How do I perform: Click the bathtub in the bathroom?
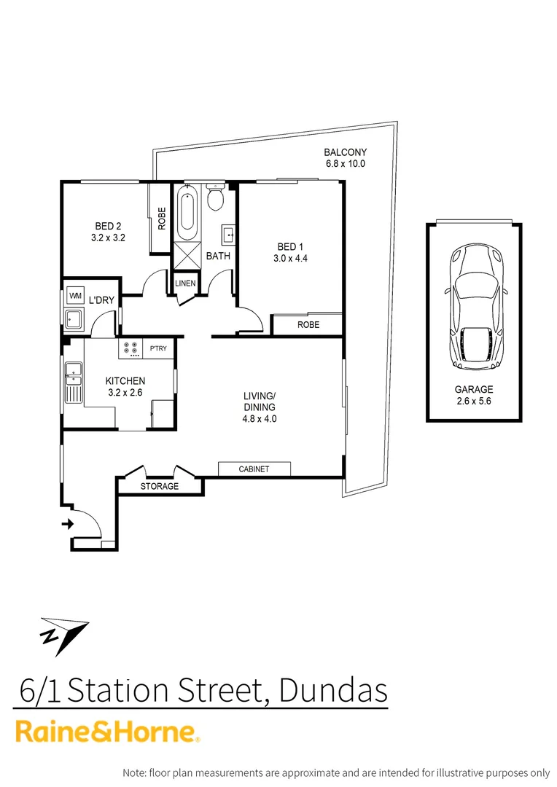click(x=187, y=214)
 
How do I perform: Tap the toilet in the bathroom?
click(x=215, y=197)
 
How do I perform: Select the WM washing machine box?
click(x=74, y=296)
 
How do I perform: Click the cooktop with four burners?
click(x=131, y=348)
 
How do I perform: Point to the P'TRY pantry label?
click(x=158, y=348)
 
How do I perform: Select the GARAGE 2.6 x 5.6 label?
click(x=474, y=395)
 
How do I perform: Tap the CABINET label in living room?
click(x=254, y=469)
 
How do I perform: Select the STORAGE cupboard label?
click(x=159, y=486)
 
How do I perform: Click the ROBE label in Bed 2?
click(x=161, y=218)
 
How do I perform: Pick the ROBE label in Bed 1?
click(x=308, y=325)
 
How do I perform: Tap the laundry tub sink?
click(x=74, y=319)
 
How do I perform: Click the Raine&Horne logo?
click(x=107, y=732)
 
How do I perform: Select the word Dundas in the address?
click(x=333, y=691)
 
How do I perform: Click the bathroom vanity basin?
click(x=227, y=235)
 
